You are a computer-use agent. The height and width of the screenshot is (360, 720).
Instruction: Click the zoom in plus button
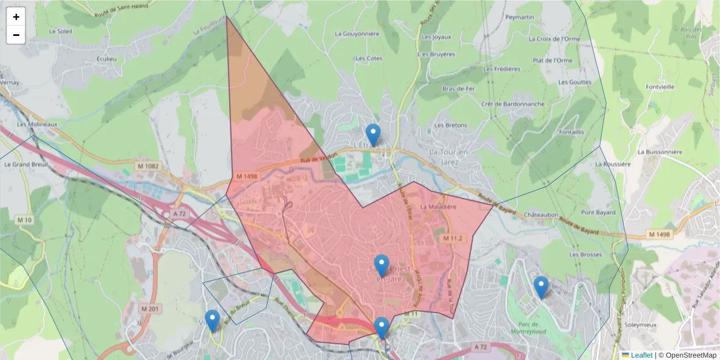click(16, 17)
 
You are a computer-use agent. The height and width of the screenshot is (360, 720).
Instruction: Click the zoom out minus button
click(16, 35)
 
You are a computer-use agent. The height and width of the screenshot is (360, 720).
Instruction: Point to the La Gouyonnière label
click(357, 34)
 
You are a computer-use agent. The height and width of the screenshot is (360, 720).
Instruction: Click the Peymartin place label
click(520, 17)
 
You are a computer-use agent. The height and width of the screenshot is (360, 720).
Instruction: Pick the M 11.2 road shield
click(454, 238)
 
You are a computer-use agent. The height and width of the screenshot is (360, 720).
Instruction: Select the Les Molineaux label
click(37, 125)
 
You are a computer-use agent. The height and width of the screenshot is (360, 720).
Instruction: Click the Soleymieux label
click(658, 325)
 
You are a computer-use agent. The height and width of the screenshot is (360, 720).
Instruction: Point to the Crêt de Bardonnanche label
click(513, 104)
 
